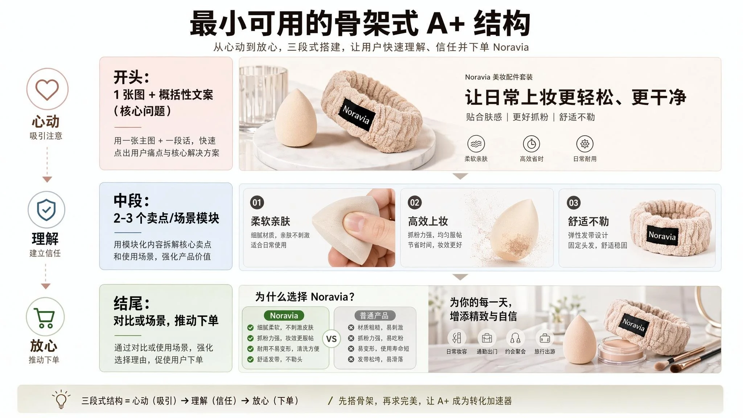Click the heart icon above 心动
point(47,89)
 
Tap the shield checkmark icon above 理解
point(46,210)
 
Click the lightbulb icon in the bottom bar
point(61,399)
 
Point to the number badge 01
point(257,202)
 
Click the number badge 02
point(415,202)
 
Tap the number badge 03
point(574,203)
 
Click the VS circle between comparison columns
point(331,339)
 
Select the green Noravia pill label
point(284,316)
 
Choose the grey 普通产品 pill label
point(374,316)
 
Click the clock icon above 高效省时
point(531,144)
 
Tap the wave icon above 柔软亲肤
point(476,144)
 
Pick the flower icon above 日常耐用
point(585,144)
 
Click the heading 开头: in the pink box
point(131,77)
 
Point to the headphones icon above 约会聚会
point(515,338)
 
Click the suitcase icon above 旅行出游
point(545,338)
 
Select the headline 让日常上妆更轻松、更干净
point(576,97)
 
